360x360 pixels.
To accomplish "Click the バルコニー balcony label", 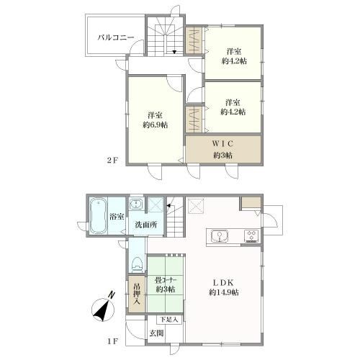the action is click(116, 37).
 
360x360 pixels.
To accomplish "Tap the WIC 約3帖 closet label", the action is click(223, 149).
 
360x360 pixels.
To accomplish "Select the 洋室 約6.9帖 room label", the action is click(156, 120).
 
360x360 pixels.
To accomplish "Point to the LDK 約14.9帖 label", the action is click(224, 287).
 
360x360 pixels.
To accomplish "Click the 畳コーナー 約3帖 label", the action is click(166, 284).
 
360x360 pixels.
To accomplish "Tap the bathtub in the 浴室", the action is click(98, 216).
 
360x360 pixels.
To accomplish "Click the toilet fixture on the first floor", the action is click(137, 264).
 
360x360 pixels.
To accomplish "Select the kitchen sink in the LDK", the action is click(220, 236).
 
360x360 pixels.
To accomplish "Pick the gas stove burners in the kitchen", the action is click(251, 236).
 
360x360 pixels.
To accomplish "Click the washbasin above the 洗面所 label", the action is click(136, 204).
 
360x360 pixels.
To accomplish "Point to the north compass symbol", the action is click(103, 307).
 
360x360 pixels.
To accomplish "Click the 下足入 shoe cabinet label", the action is click(169, 320).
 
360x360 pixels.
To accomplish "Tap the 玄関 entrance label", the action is click(157, 333).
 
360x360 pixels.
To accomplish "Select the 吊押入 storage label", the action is click(137, 294).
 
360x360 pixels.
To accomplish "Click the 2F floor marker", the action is click(112, 161).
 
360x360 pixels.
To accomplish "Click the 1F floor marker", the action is click(112, 341).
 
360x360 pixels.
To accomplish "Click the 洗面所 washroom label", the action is click(146, 225).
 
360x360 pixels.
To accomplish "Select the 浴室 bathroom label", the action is click(117, 217).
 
